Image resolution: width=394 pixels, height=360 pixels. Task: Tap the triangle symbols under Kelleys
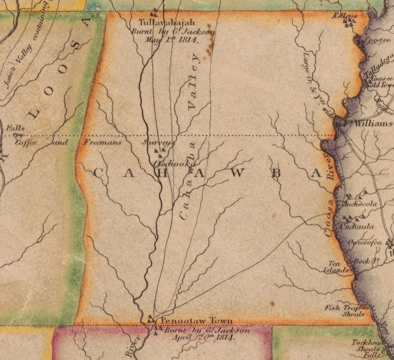coord(350,23)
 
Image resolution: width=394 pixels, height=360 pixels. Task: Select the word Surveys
coord(157,143)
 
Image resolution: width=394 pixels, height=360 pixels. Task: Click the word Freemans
coord(103,143)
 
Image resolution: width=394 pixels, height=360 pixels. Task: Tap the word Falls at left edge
coord(15,129)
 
